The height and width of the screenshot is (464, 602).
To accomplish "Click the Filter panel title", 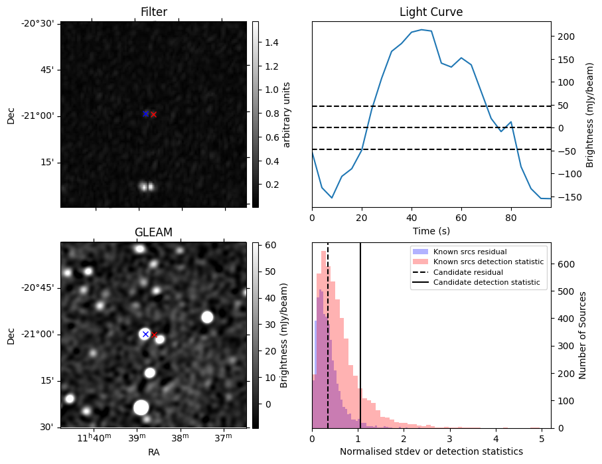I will point(153,12).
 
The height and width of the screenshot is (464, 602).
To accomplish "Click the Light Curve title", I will point(431,12).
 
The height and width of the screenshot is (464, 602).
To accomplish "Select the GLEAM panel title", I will point(153,232).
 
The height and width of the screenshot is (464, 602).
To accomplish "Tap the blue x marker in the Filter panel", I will point(145,114).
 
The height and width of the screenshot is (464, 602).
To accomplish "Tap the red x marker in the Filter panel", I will point(153,114).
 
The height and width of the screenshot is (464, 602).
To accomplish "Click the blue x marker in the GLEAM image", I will point(145,334).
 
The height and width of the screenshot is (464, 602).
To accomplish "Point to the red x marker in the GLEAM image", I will point(155,335).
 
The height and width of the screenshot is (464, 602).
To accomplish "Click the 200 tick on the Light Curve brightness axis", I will point(564,37).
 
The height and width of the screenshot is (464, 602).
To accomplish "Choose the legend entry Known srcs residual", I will point(470,252).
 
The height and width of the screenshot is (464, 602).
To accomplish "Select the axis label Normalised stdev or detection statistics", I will point(431,451).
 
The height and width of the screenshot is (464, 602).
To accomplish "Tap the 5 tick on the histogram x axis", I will point(542,438).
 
